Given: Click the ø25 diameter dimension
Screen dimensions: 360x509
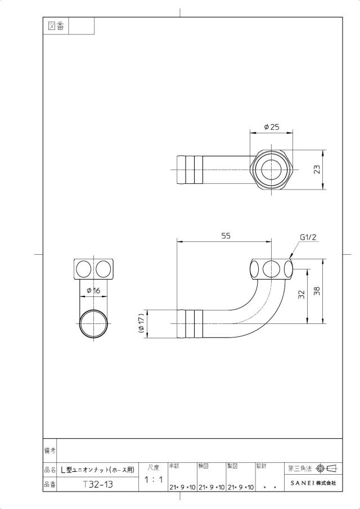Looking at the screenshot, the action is point(271,127).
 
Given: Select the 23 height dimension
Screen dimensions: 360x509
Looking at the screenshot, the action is point(317,169).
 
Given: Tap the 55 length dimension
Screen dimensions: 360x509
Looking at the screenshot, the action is point(226,236).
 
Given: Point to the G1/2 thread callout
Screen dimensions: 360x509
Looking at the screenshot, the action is point(308,237).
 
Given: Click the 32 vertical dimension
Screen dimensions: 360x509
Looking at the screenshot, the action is point(301,294).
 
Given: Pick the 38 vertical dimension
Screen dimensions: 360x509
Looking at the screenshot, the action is point(317,291).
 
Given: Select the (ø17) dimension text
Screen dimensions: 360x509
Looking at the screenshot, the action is point(141,323).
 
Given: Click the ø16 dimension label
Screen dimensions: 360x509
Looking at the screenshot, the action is point(93,291).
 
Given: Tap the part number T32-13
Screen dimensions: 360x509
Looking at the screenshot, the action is point(98,485).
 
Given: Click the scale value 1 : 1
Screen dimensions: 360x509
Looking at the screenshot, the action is point(153,479).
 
